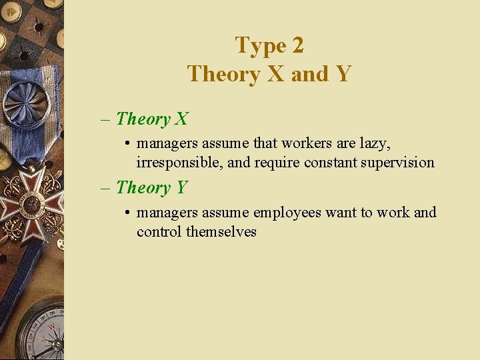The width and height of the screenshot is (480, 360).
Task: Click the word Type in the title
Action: point(259,46)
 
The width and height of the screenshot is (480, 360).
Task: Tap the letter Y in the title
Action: point(343,74)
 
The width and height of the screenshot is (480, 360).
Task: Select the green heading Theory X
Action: point(152,119)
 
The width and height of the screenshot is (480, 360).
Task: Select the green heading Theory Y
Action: point(152,188)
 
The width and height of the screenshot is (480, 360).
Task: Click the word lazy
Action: point(375,144)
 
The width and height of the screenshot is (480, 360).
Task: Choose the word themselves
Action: point(221,232)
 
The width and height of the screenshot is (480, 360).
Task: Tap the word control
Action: point(159,232)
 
